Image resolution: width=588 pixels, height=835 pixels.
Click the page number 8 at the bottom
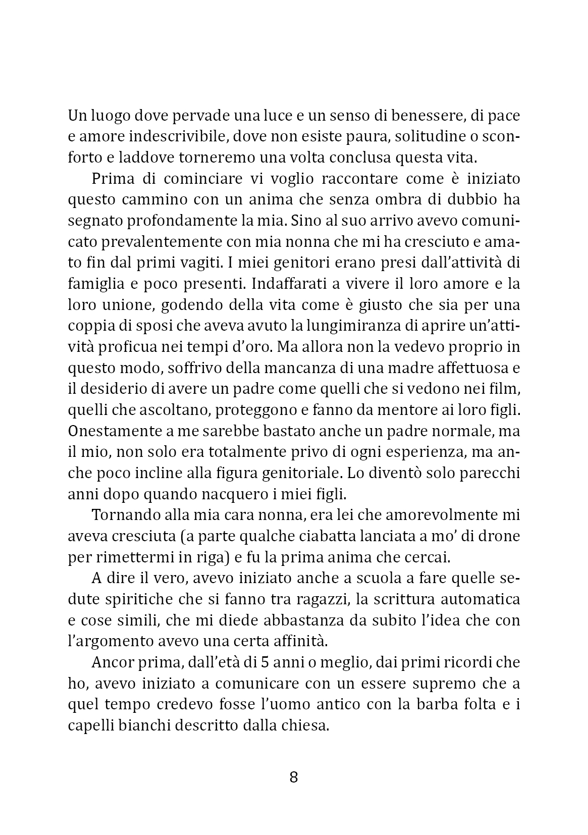tap(294, 777)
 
